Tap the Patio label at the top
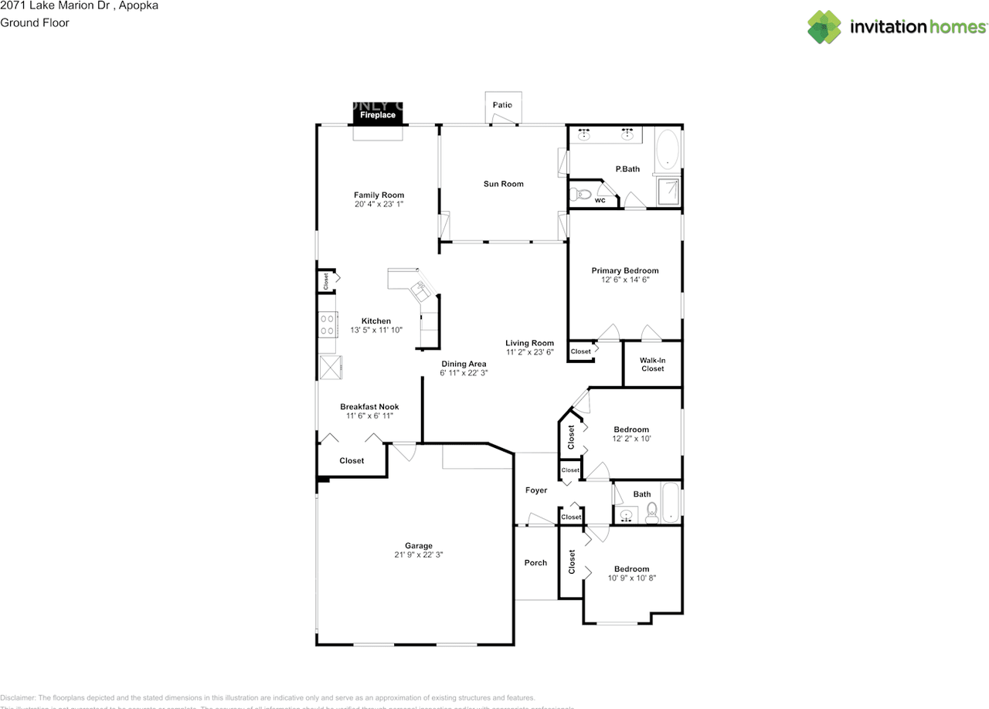pos(502,105)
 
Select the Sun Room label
pos(503,184)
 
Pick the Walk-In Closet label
pos(652,364)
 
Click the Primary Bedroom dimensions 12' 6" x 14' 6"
pos(624,280)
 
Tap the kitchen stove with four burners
pos(327,324)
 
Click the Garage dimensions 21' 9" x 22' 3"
pos(420,555)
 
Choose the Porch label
pos(535,563)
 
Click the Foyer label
pos(535,490)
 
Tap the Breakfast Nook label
pos(369,407)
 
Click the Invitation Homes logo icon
pos(824,27)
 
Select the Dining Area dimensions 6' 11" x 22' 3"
pos(464,373)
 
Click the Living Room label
pos(529,343)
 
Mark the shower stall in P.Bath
pos(668,192)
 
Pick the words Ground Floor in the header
pos(35,22)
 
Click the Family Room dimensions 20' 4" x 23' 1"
pos(379,205)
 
